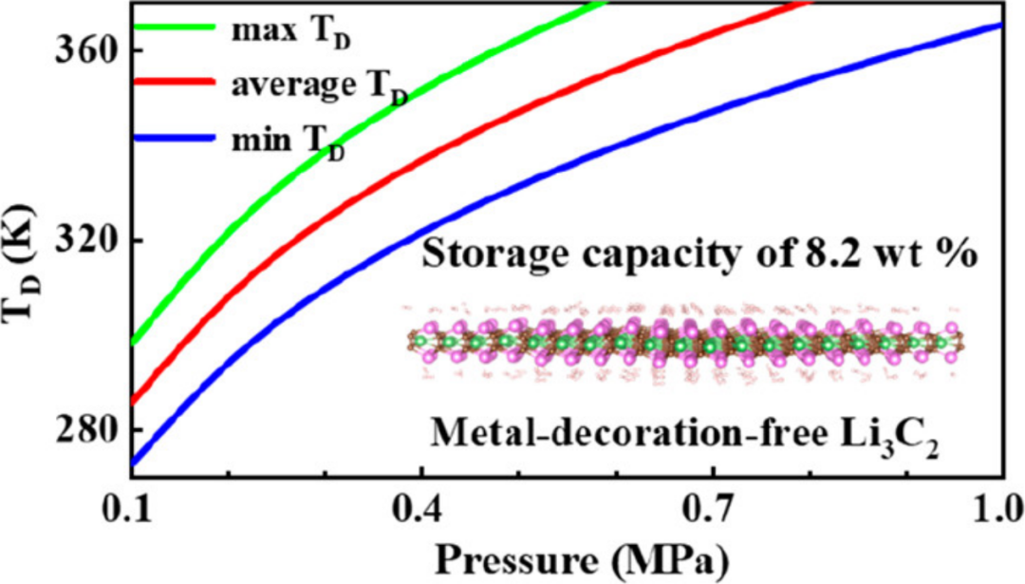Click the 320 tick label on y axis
point(79,240)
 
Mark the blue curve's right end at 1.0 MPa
point(1000,26)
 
